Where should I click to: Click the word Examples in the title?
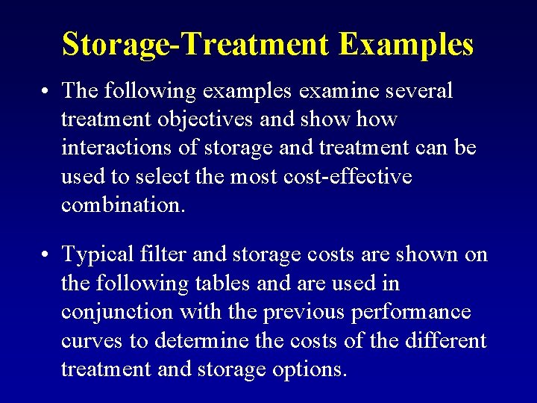pyautogui.click(x=406, y=44)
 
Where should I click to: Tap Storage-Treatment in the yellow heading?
pyautogui.click(x=195, y=44)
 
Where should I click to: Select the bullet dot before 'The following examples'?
pyautogui.click(x=46, y=92)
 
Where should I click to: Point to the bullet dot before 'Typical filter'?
pyautogui.click(x=46, y=256)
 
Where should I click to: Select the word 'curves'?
pyautogui.click(x=92, y=340)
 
